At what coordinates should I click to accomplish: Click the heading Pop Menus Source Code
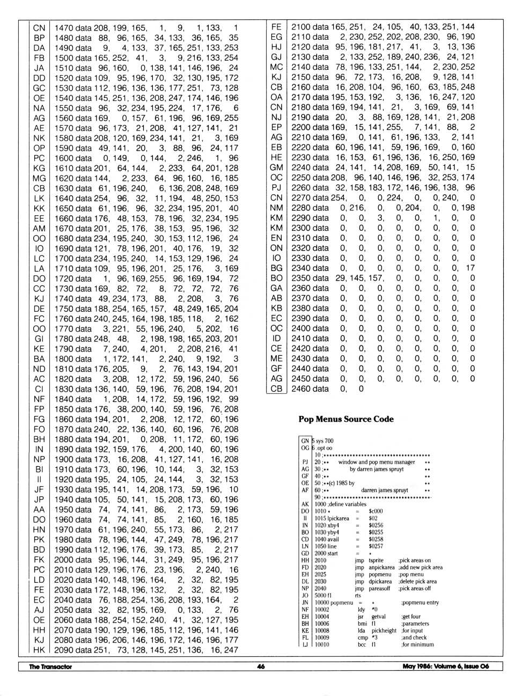point(346,419)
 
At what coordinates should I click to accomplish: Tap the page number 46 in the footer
point(261,666)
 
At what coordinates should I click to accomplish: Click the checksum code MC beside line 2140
point(276,67)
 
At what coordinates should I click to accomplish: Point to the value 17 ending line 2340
point(470,268)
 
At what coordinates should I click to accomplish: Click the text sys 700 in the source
point(325,441)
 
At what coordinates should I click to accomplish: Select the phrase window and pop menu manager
point(377,462)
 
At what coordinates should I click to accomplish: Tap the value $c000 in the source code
point(376,511)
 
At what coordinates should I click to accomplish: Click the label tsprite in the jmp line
point(376,560)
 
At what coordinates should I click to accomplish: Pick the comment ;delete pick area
point(417,581)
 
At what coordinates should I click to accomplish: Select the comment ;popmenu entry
point(420,603)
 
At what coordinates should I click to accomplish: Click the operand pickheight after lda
point(384,631)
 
